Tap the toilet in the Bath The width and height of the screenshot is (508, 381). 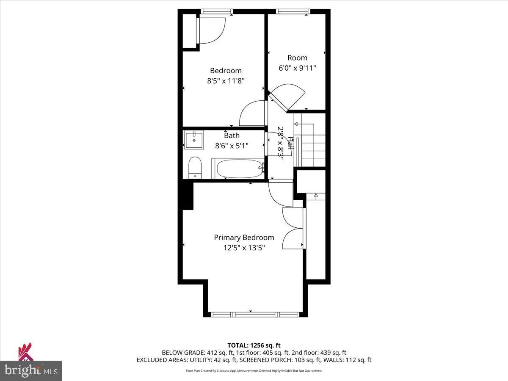click(195, 168)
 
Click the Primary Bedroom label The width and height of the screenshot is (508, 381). click(244, 237)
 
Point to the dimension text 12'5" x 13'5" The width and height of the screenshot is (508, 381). click(244, 248)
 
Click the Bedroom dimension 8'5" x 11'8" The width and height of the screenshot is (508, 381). click(226, 81)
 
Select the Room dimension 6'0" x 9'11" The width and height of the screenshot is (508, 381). click(297, 68)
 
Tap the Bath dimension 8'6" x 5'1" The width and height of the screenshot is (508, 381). click(232, 146)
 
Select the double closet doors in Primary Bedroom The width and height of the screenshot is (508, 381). click(292, 229)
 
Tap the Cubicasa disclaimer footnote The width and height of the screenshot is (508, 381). click(254, 371)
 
